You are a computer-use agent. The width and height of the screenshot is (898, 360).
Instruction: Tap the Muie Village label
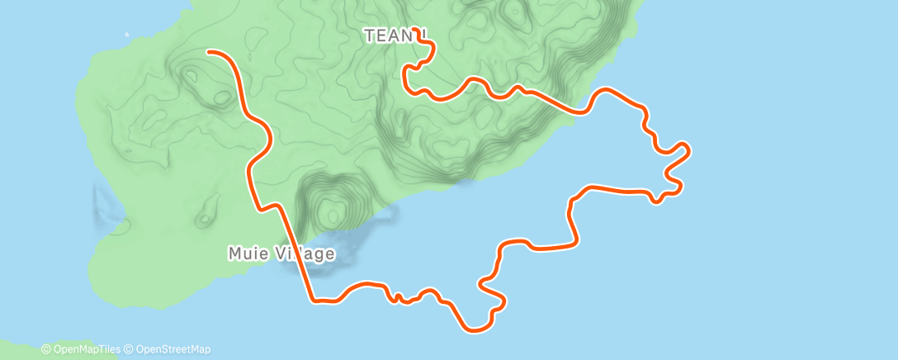281,253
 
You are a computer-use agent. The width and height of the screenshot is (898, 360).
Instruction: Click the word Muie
245,253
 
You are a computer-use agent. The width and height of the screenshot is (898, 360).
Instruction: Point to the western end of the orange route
209,51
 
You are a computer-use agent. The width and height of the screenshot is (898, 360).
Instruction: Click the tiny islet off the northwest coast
126,35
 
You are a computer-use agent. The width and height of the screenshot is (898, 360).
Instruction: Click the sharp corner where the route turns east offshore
314,300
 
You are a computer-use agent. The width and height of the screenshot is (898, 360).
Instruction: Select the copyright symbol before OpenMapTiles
45,350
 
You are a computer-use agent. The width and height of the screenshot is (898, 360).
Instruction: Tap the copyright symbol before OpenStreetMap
128,350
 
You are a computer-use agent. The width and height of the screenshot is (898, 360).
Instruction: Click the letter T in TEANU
369,36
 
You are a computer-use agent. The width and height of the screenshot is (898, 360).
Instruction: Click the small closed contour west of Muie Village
203,220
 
